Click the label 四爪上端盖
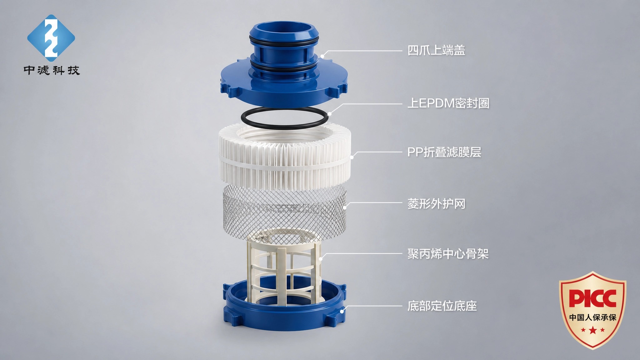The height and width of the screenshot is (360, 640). [436, 50]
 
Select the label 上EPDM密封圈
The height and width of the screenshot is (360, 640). [448, 103]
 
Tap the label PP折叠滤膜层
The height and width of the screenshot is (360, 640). [444, 152]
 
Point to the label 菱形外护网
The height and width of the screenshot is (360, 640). [436, 204]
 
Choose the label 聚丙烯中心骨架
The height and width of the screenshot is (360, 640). [448, 254]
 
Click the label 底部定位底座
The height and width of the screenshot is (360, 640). [442, 306]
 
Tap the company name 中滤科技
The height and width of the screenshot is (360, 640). [52, 70]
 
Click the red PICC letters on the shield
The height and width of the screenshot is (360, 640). [592, 298]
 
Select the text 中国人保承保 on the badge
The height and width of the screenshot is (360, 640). [592, 317]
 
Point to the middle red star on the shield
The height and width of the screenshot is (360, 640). [592, 330]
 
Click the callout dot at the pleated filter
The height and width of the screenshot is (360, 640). [352, 157]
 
